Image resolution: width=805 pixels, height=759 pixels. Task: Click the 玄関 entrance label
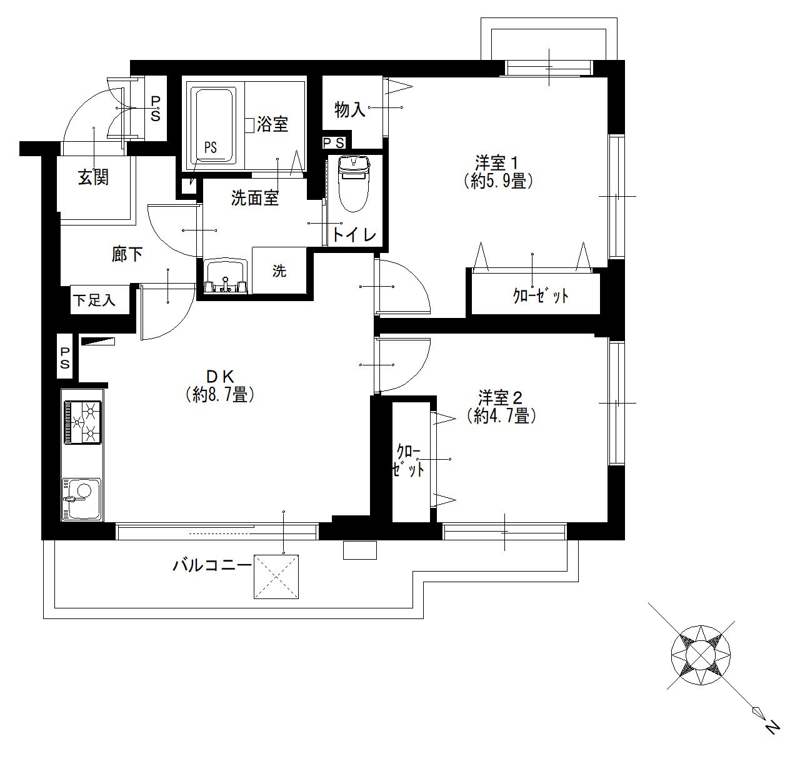click(93, 177)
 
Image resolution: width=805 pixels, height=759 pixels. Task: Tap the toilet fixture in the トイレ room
click(354, 184)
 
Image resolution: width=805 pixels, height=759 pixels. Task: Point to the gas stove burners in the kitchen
click(82, 423)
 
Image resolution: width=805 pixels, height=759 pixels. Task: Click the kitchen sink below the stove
click(81, 499)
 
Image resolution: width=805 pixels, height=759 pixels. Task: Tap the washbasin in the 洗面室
click(225, 276)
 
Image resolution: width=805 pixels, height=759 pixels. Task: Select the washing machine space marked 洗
click(279, 270)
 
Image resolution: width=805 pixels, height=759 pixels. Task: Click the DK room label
click(220, 377)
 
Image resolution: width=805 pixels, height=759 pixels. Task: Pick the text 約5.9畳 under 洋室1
click(498, 181)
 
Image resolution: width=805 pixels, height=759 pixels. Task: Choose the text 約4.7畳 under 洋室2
click(502, 415)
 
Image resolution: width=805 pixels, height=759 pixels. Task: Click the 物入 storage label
click(350, 109)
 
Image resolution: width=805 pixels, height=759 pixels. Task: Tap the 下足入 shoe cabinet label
click(94, 300)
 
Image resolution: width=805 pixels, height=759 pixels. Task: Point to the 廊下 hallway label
click(127, 254)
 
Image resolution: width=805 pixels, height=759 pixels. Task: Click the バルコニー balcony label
click(209, 565)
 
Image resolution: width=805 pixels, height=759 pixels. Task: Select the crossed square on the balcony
click(276, 577)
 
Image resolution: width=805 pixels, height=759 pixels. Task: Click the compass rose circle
click(701, 656)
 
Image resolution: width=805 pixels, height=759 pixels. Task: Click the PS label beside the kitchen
click(65, 357)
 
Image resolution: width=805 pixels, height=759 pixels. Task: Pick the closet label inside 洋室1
click(541, 297)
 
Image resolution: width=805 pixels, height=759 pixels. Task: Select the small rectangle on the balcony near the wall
click(360, 550)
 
